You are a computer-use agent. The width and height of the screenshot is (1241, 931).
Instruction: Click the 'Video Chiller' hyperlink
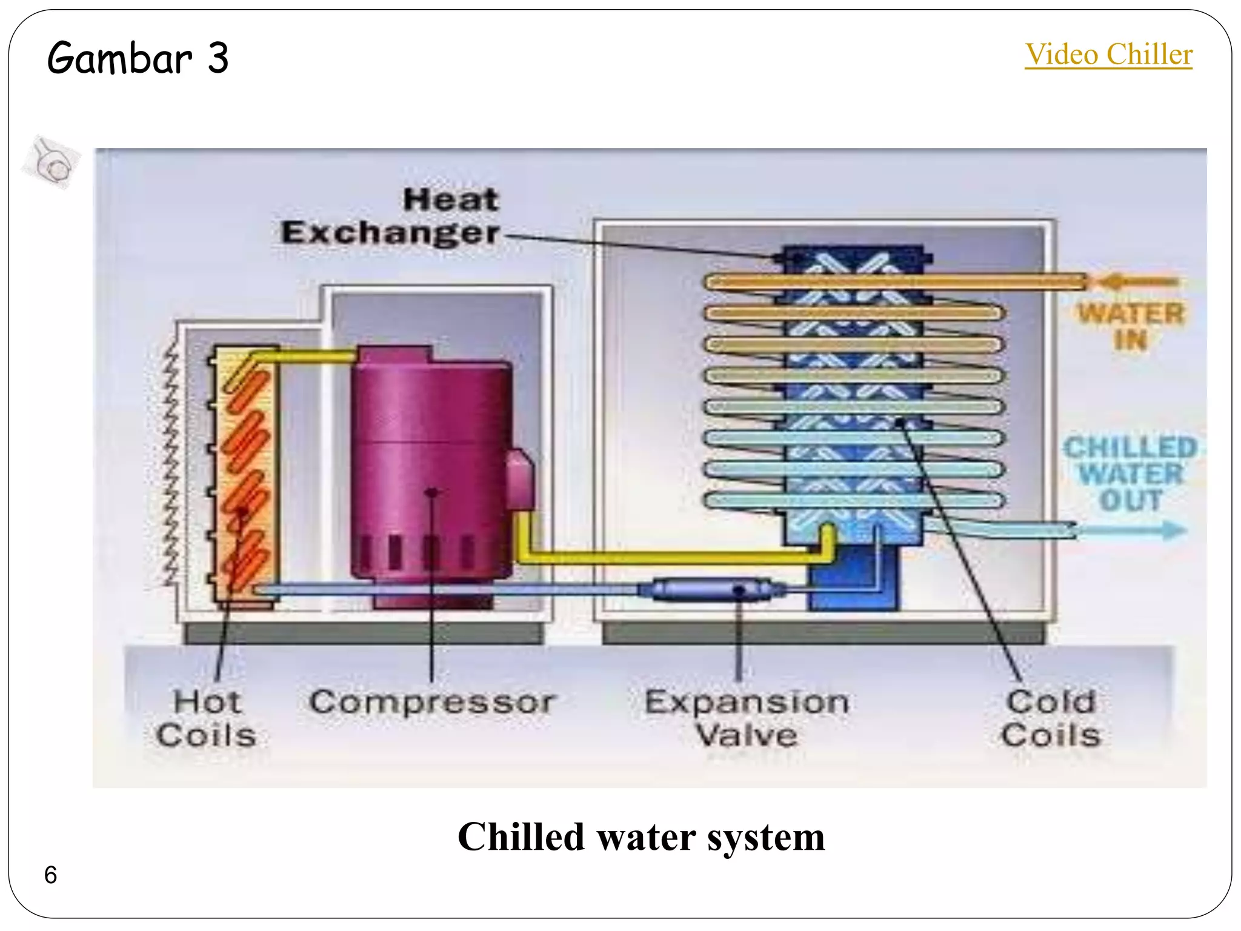(x=1108, y=55)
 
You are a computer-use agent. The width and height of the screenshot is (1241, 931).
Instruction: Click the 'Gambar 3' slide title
(x=138, y=58)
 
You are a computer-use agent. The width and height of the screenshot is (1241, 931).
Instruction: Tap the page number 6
(x=50, y=875)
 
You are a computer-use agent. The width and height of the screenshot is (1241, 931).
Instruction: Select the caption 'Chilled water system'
(x=640, y=837)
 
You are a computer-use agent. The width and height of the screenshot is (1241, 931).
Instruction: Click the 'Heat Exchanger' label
(x=390, y=216)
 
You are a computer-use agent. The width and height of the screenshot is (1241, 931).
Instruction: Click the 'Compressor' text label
(x=431, y=702)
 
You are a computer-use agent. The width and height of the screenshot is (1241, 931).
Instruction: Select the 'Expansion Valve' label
(x=747, y=718)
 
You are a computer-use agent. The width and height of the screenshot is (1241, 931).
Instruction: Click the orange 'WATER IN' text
(x=1131, y=326)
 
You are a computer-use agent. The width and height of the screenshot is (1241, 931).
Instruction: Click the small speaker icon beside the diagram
(x=52, y=162)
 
